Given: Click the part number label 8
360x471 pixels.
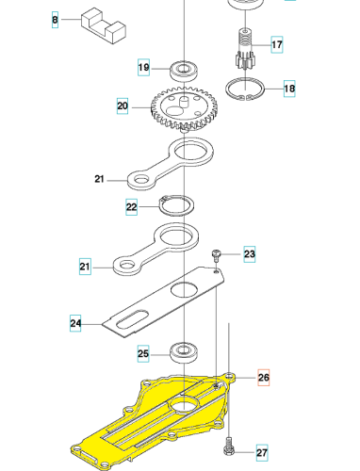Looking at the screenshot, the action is [55, 20].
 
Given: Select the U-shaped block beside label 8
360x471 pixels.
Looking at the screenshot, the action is [104, 26].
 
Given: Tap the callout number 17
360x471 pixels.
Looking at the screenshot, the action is [277, 44].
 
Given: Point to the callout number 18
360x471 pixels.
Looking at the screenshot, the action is [289, 89].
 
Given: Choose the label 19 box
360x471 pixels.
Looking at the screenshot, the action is [143, 67].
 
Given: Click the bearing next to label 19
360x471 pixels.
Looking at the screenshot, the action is [184, 71].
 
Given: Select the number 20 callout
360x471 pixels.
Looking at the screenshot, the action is [123, 106].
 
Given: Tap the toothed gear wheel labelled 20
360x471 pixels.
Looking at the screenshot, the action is [185, 109].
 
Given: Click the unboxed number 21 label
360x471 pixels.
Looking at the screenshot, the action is [99, 179].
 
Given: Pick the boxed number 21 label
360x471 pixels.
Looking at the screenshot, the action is [85, 267].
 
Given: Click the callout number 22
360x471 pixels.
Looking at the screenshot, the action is [131, 207].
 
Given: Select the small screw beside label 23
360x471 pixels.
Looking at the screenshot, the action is [216, 255].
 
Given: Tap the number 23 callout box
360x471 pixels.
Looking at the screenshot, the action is [250, 254].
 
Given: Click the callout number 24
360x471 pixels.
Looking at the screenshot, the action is [75, 323].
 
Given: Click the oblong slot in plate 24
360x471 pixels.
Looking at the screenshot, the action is [132, 319].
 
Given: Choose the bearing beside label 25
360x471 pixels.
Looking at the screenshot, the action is [184, 353].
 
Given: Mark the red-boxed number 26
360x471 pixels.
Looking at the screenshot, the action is [264, 377].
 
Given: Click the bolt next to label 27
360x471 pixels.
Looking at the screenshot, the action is [229, 446].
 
